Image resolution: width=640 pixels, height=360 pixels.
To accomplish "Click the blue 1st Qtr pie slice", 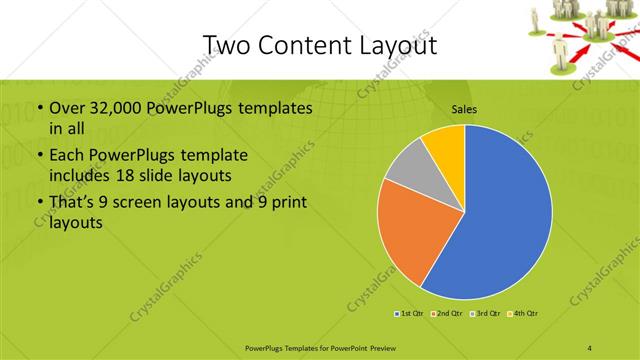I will (500, 220).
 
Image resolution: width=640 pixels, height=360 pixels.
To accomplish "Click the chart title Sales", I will (464, 108).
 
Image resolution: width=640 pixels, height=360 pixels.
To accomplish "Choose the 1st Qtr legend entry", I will (408, 314).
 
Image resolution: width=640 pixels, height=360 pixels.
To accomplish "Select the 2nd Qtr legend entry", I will (446, 314).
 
